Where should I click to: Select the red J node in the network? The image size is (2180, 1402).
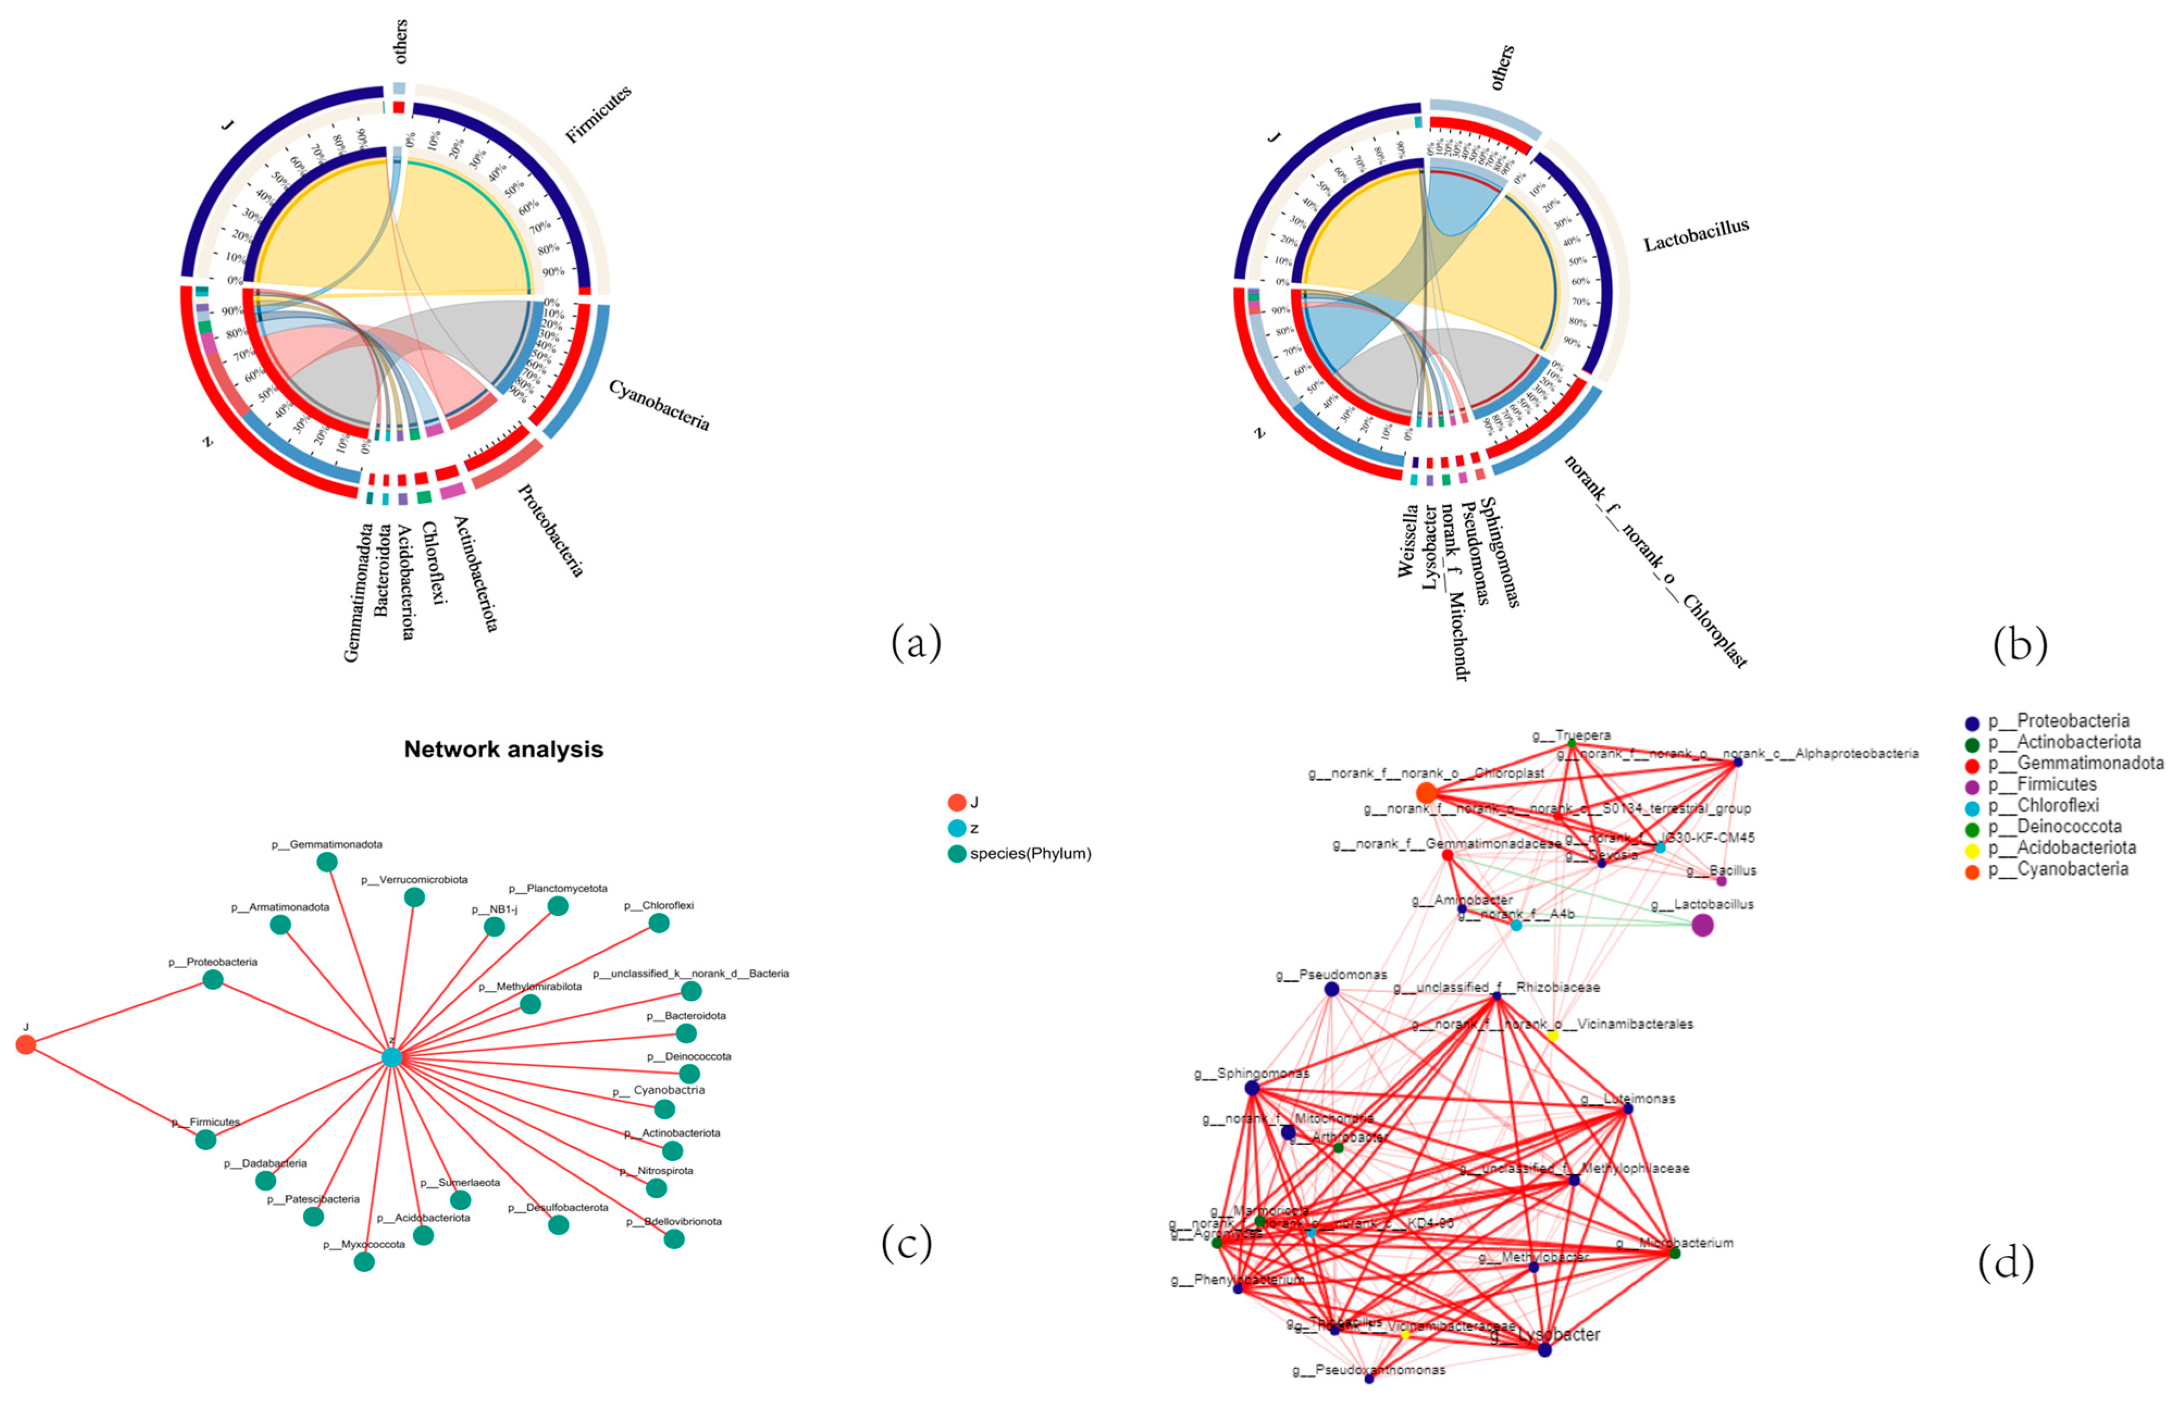click(26, 1044)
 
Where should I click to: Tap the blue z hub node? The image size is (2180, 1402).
click(392, 1057)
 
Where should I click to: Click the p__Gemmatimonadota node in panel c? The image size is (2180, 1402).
click(327, 861)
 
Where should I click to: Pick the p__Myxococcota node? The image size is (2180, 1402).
click(364, 1261)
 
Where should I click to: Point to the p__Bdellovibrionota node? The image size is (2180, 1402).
click(674, 1238)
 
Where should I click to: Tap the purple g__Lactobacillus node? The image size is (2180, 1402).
click(1702, 925)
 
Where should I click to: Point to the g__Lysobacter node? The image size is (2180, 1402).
click(1544, 1349)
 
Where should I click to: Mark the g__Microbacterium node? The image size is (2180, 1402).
click(1675, 1253)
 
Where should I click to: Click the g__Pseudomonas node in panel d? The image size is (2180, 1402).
click(1331, 989)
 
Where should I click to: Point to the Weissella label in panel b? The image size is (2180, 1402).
click(1408, 541)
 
